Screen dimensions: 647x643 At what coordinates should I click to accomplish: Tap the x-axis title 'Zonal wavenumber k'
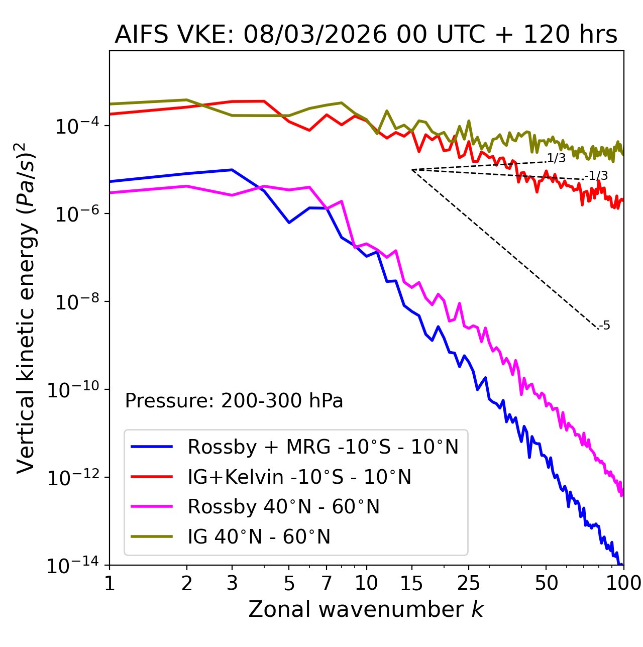[366, 609]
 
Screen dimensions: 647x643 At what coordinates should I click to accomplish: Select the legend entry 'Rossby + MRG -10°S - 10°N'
[323, 447]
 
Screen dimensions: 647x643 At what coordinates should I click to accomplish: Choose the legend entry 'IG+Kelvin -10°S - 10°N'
[299, 477]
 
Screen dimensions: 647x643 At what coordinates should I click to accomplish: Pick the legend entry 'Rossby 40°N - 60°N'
[283, 507]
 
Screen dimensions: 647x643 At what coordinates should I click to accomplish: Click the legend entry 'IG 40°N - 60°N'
[259, 537]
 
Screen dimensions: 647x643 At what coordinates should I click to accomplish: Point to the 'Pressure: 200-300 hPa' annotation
[234, 401]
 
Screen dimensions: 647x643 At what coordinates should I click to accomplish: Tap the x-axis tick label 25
[469, 583]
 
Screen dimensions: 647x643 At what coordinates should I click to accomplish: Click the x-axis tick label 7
[327, 583]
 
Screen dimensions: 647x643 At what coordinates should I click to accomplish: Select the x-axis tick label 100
[623, 583]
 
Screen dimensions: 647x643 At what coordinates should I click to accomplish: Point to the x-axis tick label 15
[411, 583]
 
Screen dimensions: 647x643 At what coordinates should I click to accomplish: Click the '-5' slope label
[605, 326]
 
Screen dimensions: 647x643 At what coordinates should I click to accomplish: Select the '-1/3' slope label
[596, 176]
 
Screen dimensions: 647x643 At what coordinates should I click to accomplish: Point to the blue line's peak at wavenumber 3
[232, 170]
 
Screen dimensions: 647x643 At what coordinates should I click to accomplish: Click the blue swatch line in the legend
[152, 447]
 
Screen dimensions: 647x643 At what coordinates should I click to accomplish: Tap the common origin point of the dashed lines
[412, 170]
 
